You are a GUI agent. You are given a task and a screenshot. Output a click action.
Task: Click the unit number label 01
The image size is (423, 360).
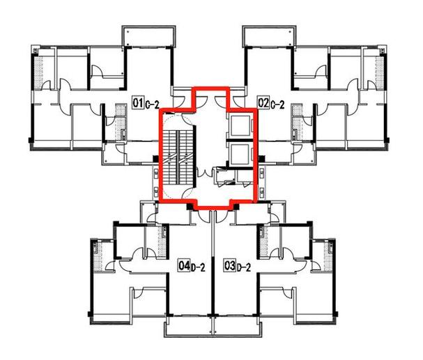coord(138,102)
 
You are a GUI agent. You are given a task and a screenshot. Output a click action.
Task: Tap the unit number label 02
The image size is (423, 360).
coord(263,102)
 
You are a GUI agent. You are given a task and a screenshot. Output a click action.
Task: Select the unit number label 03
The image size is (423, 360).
coord(230,265)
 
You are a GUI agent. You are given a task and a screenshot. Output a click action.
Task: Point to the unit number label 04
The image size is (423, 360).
coord(184,265)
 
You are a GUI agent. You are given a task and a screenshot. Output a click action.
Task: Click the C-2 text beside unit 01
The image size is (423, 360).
coord(153,104)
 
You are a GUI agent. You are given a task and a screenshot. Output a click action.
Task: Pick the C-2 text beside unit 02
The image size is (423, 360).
coord(277,104)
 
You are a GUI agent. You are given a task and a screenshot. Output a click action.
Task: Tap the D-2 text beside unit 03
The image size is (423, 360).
coord(244,267)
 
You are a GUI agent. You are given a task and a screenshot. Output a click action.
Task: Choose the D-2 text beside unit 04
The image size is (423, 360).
coord(199,267)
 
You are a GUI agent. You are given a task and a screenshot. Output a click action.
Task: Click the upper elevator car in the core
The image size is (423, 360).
coord(239,125)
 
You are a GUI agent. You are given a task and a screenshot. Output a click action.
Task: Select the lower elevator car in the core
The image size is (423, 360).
coord(239,154)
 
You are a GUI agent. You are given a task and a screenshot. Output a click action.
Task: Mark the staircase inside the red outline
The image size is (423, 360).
coord(178,157)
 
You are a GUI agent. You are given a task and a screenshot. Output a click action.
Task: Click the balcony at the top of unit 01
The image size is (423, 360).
coord(149,36)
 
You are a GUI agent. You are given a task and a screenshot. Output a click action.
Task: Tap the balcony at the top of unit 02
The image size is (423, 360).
coord(270,36)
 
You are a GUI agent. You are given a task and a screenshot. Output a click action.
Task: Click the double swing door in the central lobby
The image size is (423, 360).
coord(205,173)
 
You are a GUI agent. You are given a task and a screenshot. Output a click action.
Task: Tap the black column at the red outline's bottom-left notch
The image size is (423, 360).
coord(190,207)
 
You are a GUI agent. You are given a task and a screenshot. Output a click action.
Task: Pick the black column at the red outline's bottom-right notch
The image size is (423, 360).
coord(236,207)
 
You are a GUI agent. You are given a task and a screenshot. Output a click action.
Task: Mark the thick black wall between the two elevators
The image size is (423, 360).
coord(240,140)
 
